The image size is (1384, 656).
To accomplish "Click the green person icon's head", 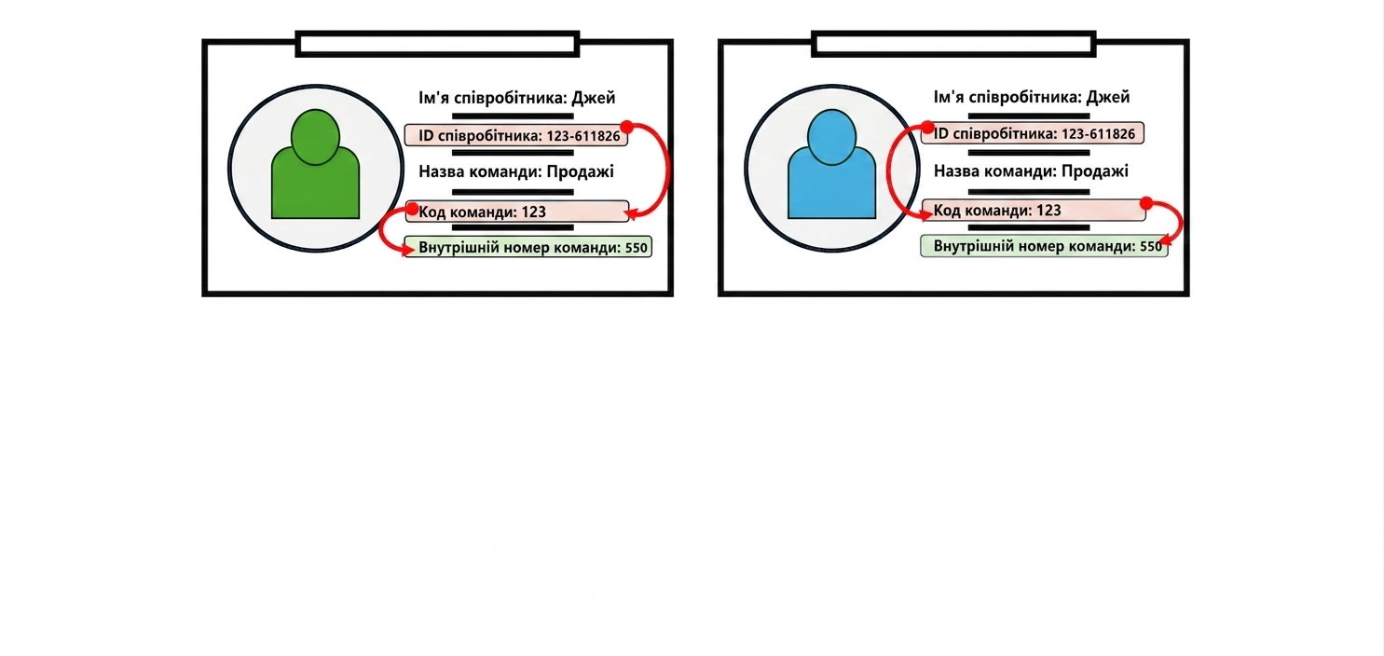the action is (x=315, y=137).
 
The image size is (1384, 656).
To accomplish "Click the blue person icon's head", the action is (x=831, y=137).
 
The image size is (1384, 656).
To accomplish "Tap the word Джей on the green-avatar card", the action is (x=593, y=98).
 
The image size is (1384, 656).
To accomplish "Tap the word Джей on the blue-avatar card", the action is (x=1108, y=97).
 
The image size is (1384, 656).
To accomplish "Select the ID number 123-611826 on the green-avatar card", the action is (x=583, y=136).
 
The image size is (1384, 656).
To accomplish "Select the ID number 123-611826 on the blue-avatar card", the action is (x=1098, y=134).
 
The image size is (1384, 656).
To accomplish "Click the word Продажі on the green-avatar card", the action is (x=581, y=171).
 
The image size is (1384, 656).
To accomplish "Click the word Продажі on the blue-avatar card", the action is (x=1095, y=171).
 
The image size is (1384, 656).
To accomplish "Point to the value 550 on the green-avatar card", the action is (x=637, y=248).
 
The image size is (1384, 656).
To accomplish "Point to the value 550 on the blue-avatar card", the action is (x=1151, y=246).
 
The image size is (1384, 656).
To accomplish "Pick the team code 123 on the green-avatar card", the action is (x=534, y=212).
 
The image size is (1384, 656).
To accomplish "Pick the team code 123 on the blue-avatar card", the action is (x=1048, y=211).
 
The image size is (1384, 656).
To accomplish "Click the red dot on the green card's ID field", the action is (x=626, y=128).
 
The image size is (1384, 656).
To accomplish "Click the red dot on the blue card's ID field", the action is (x=927, y=128).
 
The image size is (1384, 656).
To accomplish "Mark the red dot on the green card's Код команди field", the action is (x=413, y=209).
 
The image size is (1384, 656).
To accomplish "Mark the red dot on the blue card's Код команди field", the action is (x=1146, y=203).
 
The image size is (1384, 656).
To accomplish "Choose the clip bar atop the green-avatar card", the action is (x=437, y=44).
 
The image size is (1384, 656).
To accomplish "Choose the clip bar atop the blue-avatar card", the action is (x=953, y=44).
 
